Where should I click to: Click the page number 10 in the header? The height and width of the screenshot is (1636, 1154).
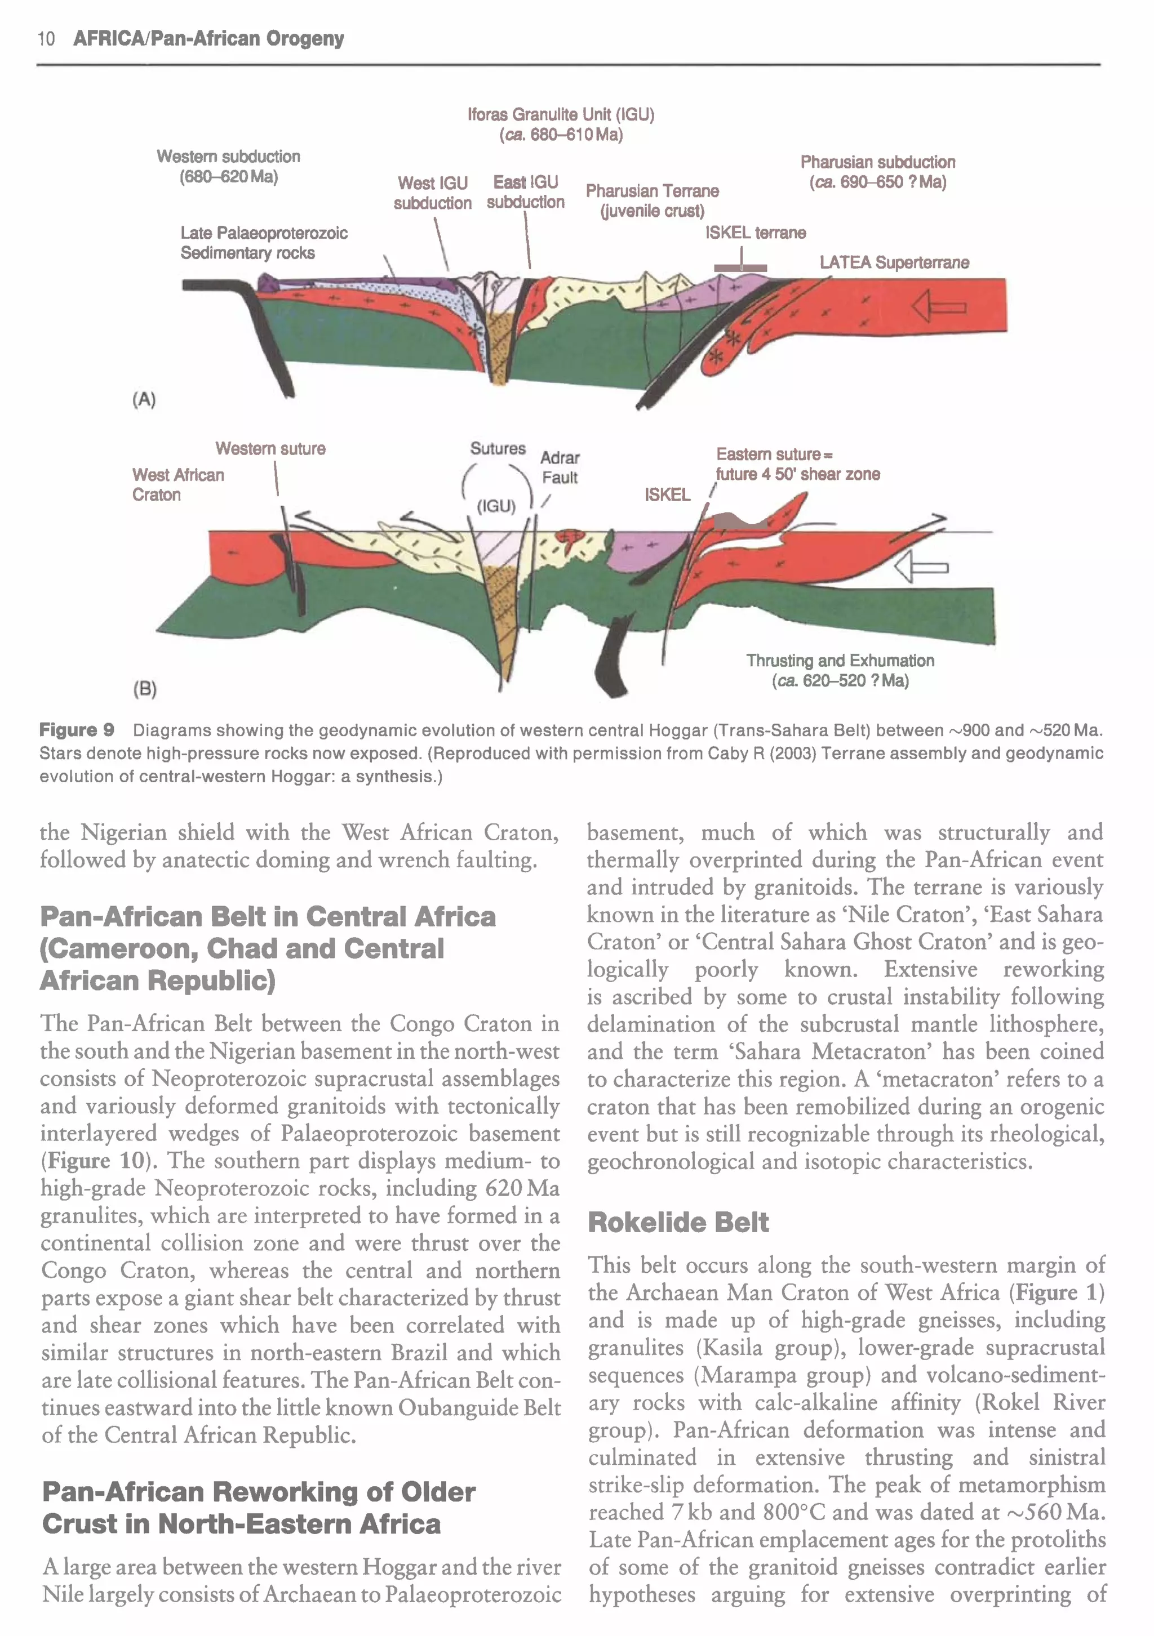(46, 38)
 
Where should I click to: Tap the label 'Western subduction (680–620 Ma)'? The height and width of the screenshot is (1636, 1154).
(228, 167)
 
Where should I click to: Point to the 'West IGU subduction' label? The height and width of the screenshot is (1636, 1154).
(433, 193)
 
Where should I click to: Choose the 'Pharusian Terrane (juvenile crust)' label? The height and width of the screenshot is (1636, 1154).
(652, 201)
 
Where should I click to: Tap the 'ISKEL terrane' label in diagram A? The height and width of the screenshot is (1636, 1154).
(756, 233)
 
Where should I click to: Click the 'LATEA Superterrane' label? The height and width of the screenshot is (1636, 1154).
(894, 262)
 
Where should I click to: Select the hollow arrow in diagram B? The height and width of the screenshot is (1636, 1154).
(920, 568)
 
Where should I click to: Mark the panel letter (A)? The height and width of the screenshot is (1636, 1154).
(144, 399)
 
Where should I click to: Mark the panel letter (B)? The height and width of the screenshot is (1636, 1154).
(145, 688)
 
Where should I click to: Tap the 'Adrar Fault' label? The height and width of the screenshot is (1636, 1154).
(560, 467)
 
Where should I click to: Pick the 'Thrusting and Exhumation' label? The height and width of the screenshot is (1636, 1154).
(840, 661)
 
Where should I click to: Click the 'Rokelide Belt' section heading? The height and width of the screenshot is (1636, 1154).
(678, 1223)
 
